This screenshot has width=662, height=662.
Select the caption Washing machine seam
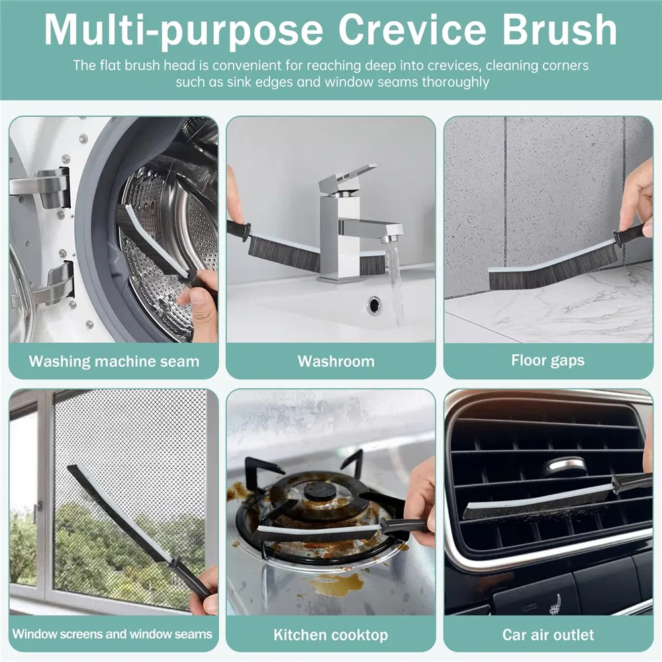114,361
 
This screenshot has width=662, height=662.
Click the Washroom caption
336,361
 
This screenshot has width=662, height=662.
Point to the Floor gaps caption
547,361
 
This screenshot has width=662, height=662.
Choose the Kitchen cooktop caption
330,635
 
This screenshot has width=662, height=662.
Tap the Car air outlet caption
547,635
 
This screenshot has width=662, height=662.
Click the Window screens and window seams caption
113,634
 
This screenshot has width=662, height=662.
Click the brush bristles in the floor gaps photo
549,273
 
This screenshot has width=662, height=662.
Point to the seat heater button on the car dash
554,603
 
